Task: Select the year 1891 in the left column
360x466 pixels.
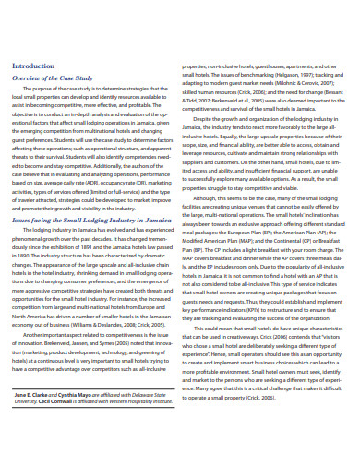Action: click(x=96, y=247)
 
